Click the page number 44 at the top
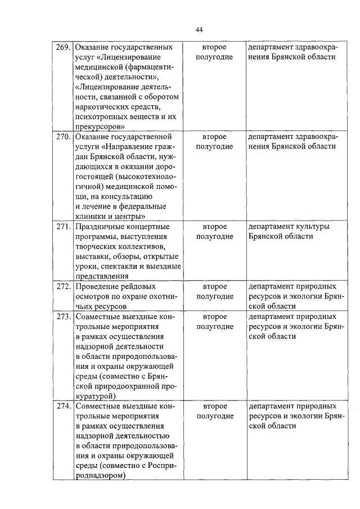199,30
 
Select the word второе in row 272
215,286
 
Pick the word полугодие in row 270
215,147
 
